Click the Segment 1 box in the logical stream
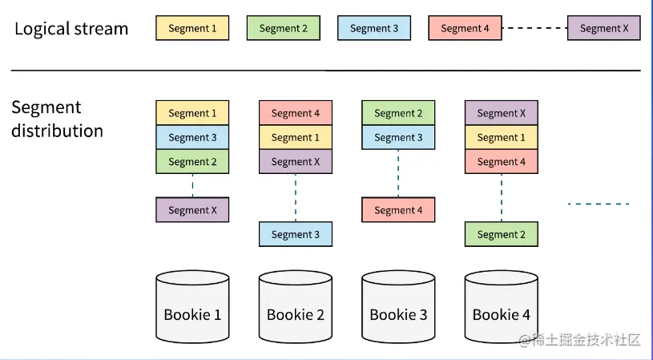[192, 28]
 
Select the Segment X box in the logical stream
[604, 28]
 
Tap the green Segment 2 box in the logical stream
[283, 28]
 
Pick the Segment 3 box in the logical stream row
[374, 28]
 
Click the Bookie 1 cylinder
[192, 306]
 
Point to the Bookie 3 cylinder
[398, 306]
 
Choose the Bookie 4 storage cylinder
[502, 306]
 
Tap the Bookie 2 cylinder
[296, 306]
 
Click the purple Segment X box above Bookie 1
[192, 210]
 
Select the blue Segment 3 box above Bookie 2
[296, 234]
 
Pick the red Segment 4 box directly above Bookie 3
[398, 210]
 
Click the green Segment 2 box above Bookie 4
[502, 234]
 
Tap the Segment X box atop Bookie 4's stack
[502, 113]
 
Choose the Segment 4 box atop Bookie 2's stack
[296, 113]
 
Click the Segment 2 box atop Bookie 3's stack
[398, 113]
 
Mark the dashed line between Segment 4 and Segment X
[534, 28]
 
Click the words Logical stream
[71, 29]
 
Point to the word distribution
[57, 131]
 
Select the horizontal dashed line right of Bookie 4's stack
[599, 204]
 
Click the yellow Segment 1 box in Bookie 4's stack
[502, 137]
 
